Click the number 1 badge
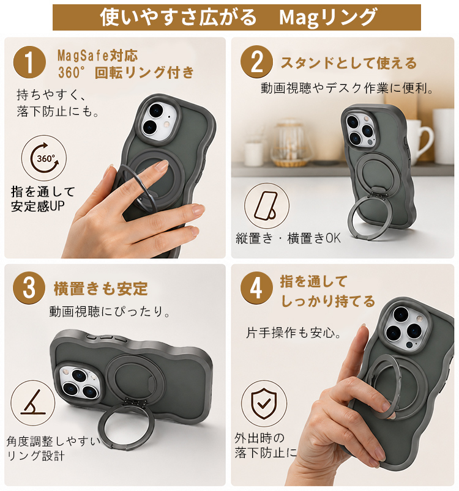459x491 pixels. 29,62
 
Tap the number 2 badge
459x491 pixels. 256,62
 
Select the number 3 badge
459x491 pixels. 29,288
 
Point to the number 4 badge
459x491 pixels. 256,288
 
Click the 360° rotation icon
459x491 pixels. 44,158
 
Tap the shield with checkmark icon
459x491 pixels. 264,404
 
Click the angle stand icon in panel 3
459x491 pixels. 32,403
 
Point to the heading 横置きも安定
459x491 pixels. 100,289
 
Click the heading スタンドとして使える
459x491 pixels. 348,63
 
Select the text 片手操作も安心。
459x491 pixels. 294,333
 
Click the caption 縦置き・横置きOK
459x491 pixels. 288,238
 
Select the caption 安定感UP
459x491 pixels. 38,206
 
